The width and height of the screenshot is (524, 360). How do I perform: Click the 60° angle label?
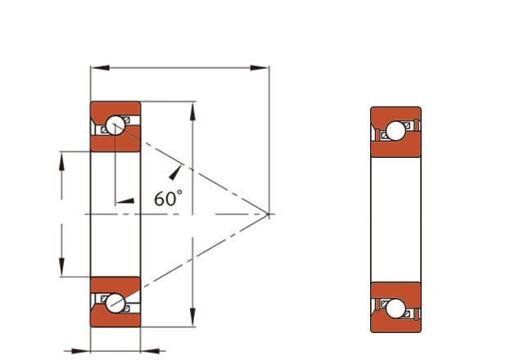pos(168,198)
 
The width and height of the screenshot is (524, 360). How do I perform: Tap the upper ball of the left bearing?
pos(115,125)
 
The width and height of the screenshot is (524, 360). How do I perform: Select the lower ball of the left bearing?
pos(115,304)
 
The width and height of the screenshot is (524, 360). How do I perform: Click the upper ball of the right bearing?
pos(395,131)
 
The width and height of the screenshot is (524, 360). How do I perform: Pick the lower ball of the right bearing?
pos(395,308)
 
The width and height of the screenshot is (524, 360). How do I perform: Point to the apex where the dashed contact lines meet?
pos(269,214)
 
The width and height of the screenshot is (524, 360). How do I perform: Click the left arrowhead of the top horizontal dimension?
pos(100,68)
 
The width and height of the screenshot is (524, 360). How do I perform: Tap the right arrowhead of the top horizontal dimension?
pos(260,68)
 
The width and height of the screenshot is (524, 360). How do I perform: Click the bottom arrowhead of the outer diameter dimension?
pos(192,317)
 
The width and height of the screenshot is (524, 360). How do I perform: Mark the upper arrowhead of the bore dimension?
pos(61,162)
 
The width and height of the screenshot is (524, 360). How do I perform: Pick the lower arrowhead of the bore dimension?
pos(61,267)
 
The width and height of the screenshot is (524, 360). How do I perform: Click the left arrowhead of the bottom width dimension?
pos(80,351)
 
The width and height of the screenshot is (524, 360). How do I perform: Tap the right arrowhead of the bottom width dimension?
pos(151,351)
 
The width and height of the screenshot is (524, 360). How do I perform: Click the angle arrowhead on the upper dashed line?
pos(175,173)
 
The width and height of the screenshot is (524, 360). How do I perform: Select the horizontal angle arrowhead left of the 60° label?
pos(125,200)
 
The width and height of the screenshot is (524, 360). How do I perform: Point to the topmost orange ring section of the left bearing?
pos(115,110)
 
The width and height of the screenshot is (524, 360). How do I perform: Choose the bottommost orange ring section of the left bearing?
pos(115,319)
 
